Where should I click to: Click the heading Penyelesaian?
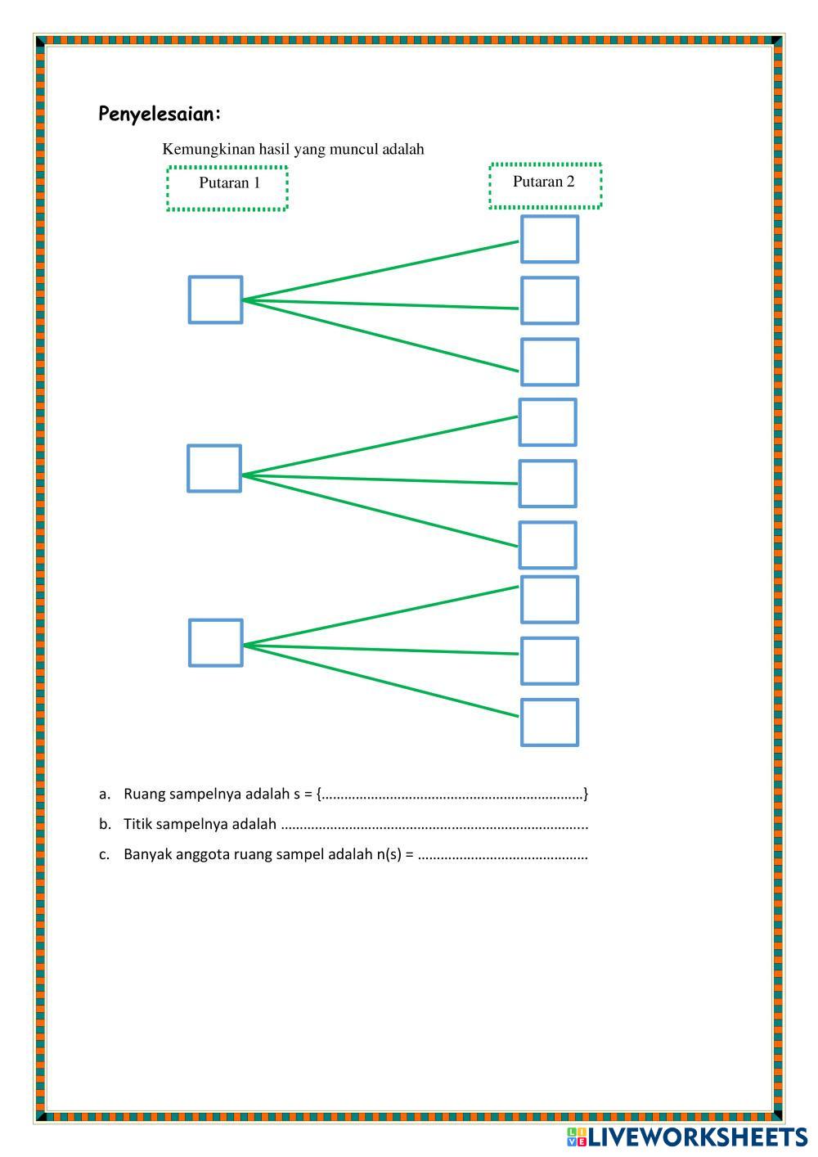(x=160, y=114)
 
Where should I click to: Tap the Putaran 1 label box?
(x=228, y=188)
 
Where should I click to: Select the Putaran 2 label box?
(x=545, y=186)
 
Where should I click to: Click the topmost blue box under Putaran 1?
(x=215, y=299)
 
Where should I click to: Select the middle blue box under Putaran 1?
(x=214, y=468)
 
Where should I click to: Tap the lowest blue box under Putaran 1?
(x=215, y=642)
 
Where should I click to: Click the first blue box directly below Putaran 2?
(x=550, y=239)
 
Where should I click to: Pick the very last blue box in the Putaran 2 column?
(x=550, y=723)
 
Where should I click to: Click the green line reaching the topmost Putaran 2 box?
(x=380, y=271)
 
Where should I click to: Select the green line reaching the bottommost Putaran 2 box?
(x=380, y=681)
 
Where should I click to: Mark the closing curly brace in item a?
(x=586, y=794)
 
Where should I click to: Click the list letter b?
(x=104, y=824)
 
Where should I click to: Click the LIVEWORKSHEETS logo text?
(x=697, y=1137)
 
